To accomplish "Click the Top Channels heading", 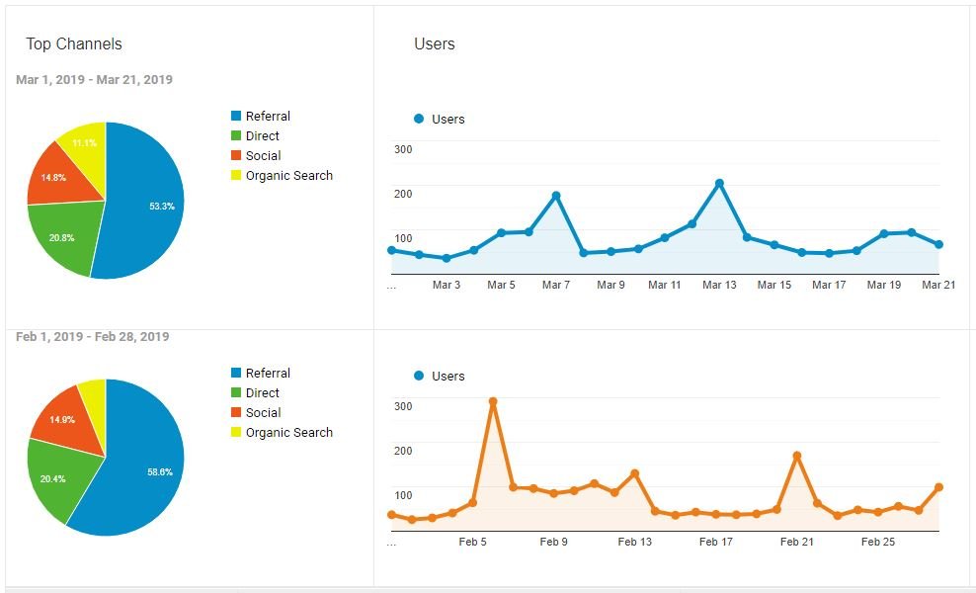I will click(x=74, y=43).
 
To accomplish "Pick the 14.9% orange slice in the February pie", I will click(x=64, y=420).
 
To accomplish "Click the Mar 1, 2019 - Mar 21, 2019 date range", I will click(x=94, y=79).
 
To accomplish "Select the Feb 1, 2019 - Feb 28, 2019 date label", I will click(x=92, y=336).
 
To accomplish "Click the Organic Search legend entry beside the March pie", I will click(x=288, y=175).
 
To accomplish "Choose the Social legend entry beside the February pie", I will click(x=263, y=412).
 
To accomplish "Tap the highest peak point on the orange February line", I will click(x=493, y=402).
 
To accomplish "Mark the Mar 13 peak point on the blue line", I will click(x=719, y=183).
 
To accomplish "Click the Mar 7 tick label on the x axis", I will click(x=555, y=285).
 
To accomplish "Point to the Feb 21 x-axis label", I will click(x=796, y=542).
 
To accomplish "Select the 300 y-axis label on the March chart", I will click(x=403, y=148).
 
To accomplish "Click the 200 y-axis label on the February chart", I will click(x=403, y=450).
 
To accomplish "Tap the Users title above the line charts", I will click(x=435, y=43).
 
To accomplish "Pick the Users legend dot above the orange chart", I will click(x=419, y=376).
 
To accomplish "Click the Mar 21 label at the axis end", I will click(x=936, y=285).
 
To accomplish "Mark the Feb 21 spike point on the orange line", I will click(x=796, y=456).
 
